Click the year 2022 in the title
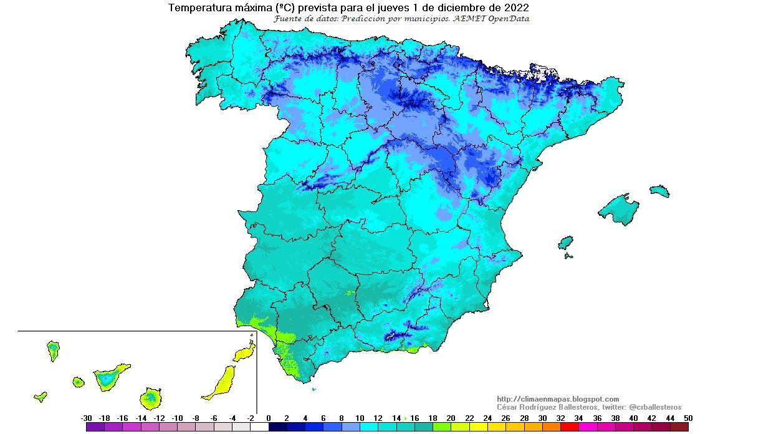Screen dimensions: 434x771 coord(517,8)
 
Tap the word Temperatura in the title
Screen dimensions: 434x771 coord(198,8)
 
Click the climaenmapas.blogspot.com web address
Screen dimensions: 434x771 coord(558,399)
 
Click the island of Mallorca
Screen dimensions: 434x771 coord(621,209)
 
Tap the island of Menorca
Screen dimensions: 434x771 coord(659,191)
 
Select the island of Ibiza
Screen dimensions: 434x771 coord(565,242)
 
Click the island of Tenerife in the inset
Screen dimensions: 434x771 coord(110,377)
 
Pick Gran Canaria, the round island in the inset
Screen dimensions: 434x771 coord(150,397)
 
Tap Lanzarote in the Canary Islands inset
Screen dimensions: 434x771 coord(246,352)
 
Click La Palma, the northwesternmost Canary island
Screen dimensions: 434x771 coord(53,350)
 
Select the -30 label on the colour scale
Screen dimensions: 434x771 coord(87,418)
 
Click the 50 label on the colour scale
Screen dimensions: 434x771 coord(687,418)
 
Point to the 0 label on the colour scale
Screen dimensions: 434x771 coord(269,418)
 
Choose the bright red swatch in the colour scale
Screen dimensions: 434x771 coord(570,427)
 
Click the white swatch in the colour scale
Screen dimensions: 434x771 coord(259,427)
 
